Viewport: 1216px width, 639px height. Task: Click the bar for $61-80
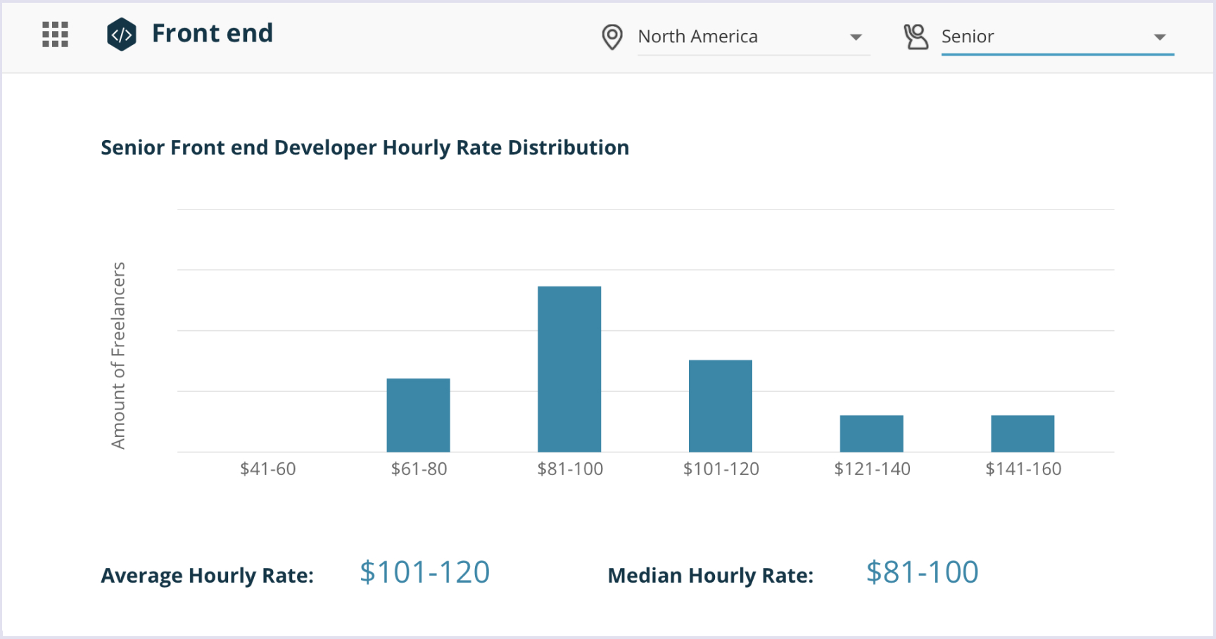418,415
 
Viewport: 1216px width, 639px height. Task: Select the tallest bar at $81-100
569,369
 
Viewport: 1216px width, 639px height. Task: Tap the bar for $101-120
720,406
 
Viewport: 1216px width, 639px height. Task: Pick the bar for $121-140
871,434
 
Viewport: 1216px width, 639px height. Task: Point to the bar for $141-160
1022,434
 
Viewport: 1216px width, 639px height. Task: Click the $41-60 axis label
267,469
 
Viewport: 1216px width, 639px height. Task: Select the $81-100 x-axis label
570,469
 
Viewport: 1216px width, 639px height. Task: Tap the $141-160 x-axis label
1023,469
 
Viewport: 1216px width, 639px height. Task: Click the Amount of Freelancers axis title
118,355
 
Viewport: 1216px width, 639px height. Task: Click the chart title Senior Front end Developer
365,148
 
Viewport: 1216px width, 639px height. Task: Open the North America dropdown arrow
856,37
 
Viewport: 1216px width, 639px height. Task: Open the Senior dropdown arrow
1160,37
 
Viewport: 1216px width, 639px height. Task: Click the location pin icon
612,37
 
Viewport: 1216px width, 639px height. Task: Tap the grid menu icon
55,34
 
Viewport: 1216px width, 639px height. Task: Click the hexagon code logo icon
121,34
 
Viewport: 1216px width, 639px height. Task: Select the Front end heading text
212,33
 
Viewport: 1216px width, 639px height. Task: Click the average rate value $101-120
424,572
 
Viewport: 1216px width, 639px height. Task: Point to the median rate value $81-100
922,572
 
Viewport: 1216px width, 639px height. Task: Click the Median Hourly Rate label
710,576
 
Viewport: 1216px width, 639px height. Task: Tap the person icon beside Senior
916,37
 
